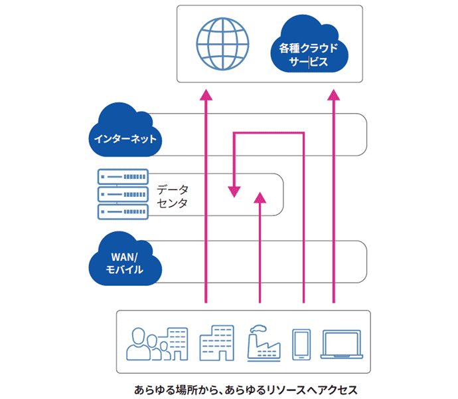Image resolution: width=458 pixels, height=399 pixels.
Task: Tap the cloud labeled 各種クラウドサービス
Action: click(309, 48)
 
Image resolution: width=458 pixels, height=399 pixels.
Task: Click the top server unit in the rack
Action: click(123, 178)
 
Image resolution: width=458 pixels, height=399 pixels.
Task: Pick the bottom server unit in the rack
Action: click(123, 211)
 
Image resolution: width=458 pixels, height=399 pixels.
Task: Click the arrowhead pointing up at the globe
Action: click(206, 96)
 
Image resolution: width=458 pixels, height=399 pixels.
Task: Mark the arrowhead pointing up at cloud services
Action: click(334, 96)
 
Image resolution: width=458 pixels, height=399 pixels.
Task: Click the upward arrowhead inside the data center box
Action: click(260, 196)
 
